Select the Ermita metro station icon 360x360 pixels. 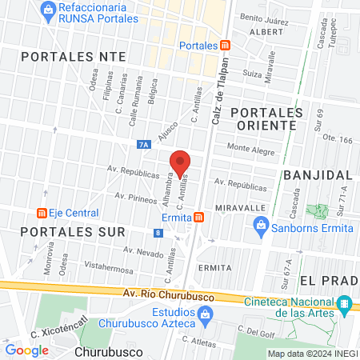(x=198, y=217)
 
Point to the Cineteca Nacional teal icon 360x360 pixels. (x=344, y=305)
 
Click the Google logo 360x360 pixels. (x=26, y=350)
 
